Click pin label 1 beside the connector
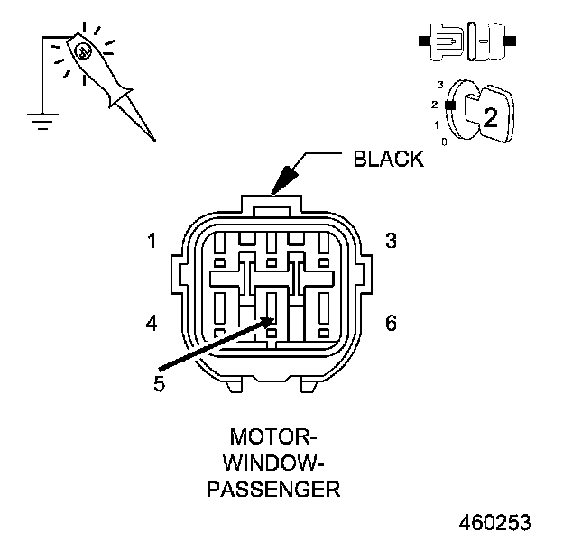point(153,241)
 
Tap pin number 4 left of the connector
point(153,322)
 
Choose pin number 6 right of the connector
point(391,322)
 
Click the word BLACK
point(388,160)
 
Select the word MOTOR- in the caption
point(272,439)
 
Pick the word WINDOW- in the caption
point(272,464)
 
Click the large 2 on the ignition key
point(490,117)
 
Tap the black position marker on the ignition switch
point(450,105)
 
